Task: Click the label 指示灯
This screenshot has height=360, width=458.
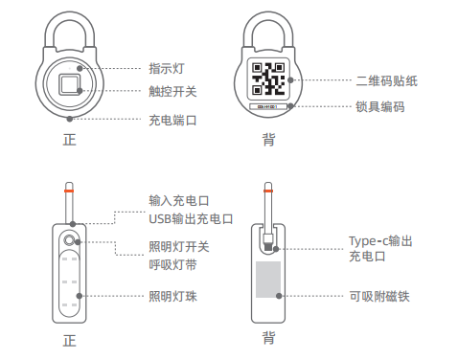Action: (167, 69)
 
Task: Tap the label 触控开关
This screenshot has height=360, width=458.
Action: (172, 92)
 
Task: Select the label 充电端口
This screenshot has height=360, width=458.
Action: (172, 121)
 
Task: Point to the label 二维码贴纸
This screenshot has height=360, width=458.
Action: (386, 80)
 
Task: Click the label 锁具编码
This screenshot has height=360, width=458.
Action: (380, 106)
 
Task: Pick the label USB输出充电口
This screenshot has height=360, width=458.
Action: (191, 219)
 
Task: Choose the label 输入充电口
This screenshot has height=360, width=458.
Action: (179, 201)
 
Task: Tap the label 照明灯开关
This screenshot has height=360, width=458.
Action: (179, 247)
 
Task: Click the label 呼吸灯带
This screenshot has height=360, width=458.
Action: (172, 264)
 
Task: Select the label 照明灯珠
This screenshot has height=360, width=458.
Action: (172, 297)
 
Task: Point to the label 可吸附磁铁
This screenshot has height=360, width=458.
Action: (379, 297)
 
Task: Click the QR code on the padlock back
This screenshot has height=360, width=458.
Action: (268, 79)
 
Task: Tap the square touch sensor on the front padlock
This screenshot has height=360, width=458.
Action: (69, 84)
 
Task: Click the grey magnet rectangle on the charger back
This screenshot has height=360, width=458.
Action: (268, 280)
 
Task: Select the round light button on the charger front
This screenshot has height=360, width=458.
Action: (69, 240)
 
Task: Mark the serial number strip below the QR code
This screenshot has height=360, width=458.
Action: (267, 106)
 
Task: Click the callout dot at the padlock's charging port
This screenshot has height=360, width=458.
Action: (69, 119)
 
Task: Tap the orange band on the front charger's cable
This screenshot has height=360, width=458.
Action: (69, 191)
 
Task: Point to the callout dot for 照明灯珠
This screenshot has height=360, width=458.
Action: (80, 296)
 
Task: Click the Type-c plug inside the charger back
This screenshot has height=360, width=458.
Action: (268, 242)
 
